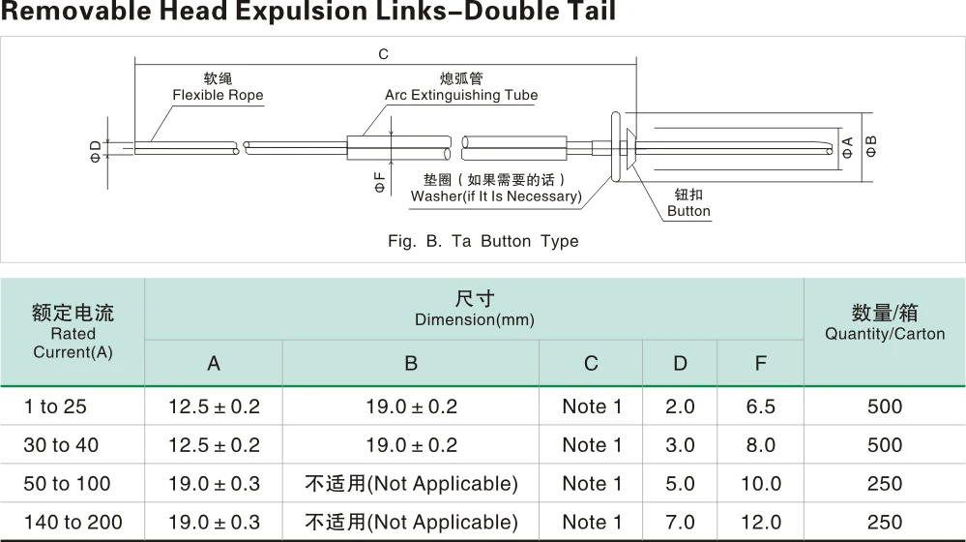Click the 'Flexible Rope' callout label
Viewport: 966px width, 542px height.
(218, 95)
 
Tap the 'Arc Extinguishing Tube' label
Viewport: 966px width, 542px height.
(461, 95)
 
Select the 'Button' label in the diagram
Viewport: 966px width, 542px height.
(688, 211)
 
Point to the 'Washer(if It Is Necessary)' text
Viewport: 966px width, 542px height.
(496, 196)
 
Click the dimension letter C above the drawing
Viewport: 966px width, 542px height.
(384, 55)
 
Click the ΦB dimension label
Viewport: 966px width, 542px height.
(871, 146)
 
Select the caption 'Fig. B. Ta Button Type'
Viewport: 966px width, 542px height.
(483, 241)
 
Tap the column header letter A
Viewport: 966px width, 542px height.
(214, 364)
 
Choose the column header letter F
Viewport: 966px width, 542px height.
(761, 364)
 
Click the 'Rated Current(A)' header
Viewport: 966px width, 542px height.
(73, 333)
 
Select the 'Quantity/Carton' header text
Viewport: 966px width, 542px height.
(885, 334)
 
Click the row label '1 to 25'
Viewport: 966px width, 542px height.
(56, 406)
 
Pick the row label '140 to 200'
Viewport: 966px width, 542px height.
(73, 523)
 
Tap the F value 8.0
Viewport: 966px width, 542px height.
(761, 445)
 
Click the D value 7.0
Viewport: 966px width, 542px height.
(681, 523)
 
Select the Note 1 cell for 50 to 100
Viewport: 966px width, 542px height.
(592, 484)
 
